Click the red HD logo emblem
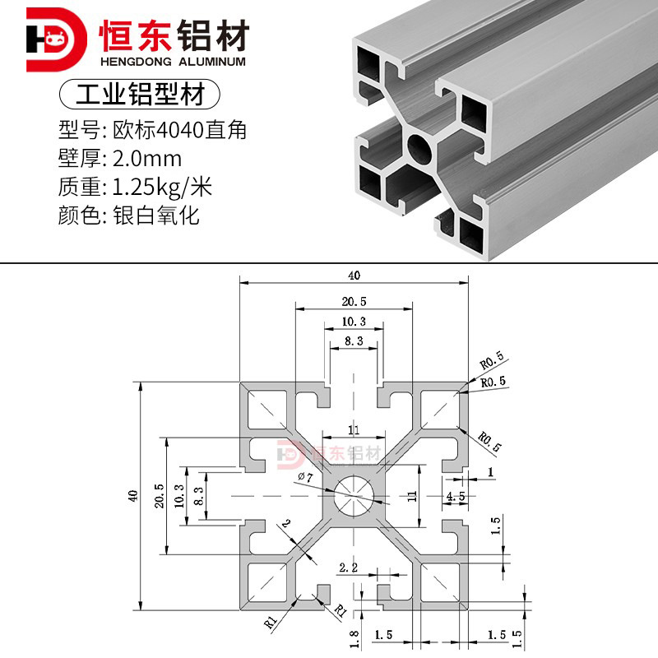(54, 39)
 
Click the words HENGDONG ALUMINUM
(172, 62)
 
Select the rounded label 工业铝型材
(140, 93)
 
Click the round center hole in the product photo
(420, 149)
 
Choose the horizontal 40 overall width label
(354, 276)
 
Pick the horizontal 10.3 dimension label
(354, 321)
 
